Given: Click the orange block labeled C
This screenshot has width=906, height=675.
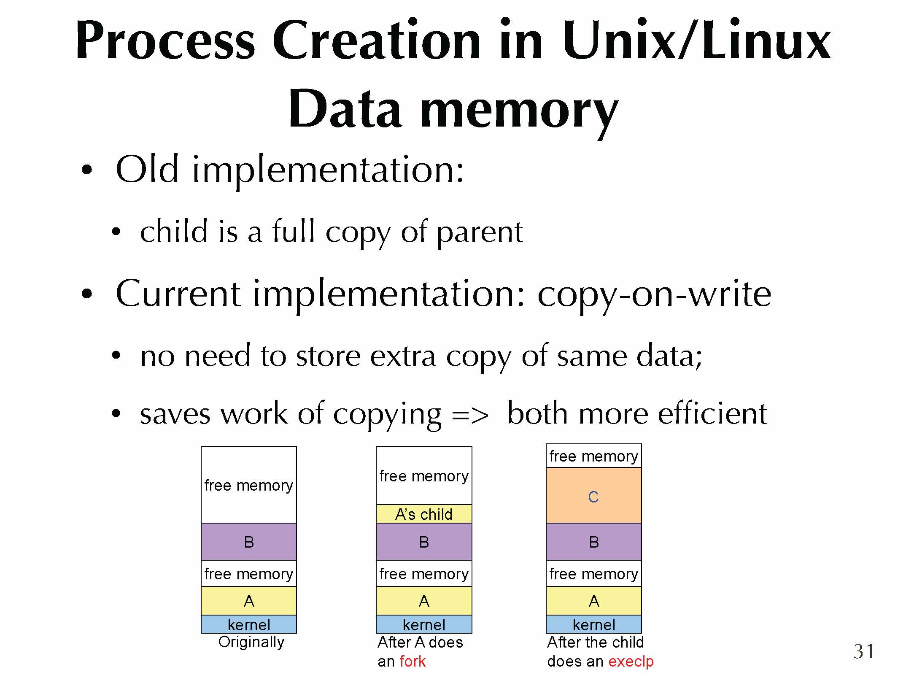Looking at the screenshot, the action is [593, 495].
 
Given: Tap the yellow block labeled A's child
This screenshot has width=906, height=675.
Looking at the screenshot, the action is [424, 514].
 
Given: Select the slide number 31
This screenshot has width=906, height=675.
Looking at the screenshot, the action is [864, 651].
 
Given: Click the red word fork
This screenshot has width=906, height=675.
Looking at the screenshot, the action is [413, 661].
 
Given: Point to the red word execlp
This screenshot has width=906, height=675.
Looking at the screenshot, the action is [631, 661].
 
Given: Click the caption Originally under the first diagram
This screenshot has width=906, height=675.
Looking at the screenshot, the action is [251, 642].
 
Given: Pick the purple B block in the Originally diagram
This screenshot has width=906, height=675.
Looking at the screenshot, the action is [249, 542].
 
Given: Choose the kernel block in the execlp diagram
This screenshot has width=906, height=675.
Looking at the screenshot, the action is [593, 624].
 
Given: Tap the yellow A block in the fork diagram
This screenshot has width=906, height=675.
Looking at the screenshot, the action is [424, 601].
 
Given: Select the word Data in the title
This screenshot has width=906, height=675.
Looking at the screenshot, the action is [345, 108].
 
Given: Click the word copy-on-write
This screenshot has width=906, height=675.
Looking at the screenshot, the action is [654, 295].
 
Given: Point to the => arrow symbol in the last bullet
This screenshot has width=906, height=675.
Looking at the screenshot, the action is [470, 415].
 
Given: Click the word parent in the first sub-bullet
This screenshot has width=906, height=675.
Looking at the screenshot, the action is [480, 233].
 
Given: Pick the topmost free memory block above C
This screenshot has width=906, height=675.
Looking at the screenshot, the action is [593, 456].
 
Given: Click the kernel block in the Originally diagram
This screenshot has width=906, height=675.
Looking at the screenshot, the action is [249, 624].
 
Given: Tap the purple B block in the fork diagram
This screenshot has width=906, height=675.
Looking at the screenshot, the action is [424, 542].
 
